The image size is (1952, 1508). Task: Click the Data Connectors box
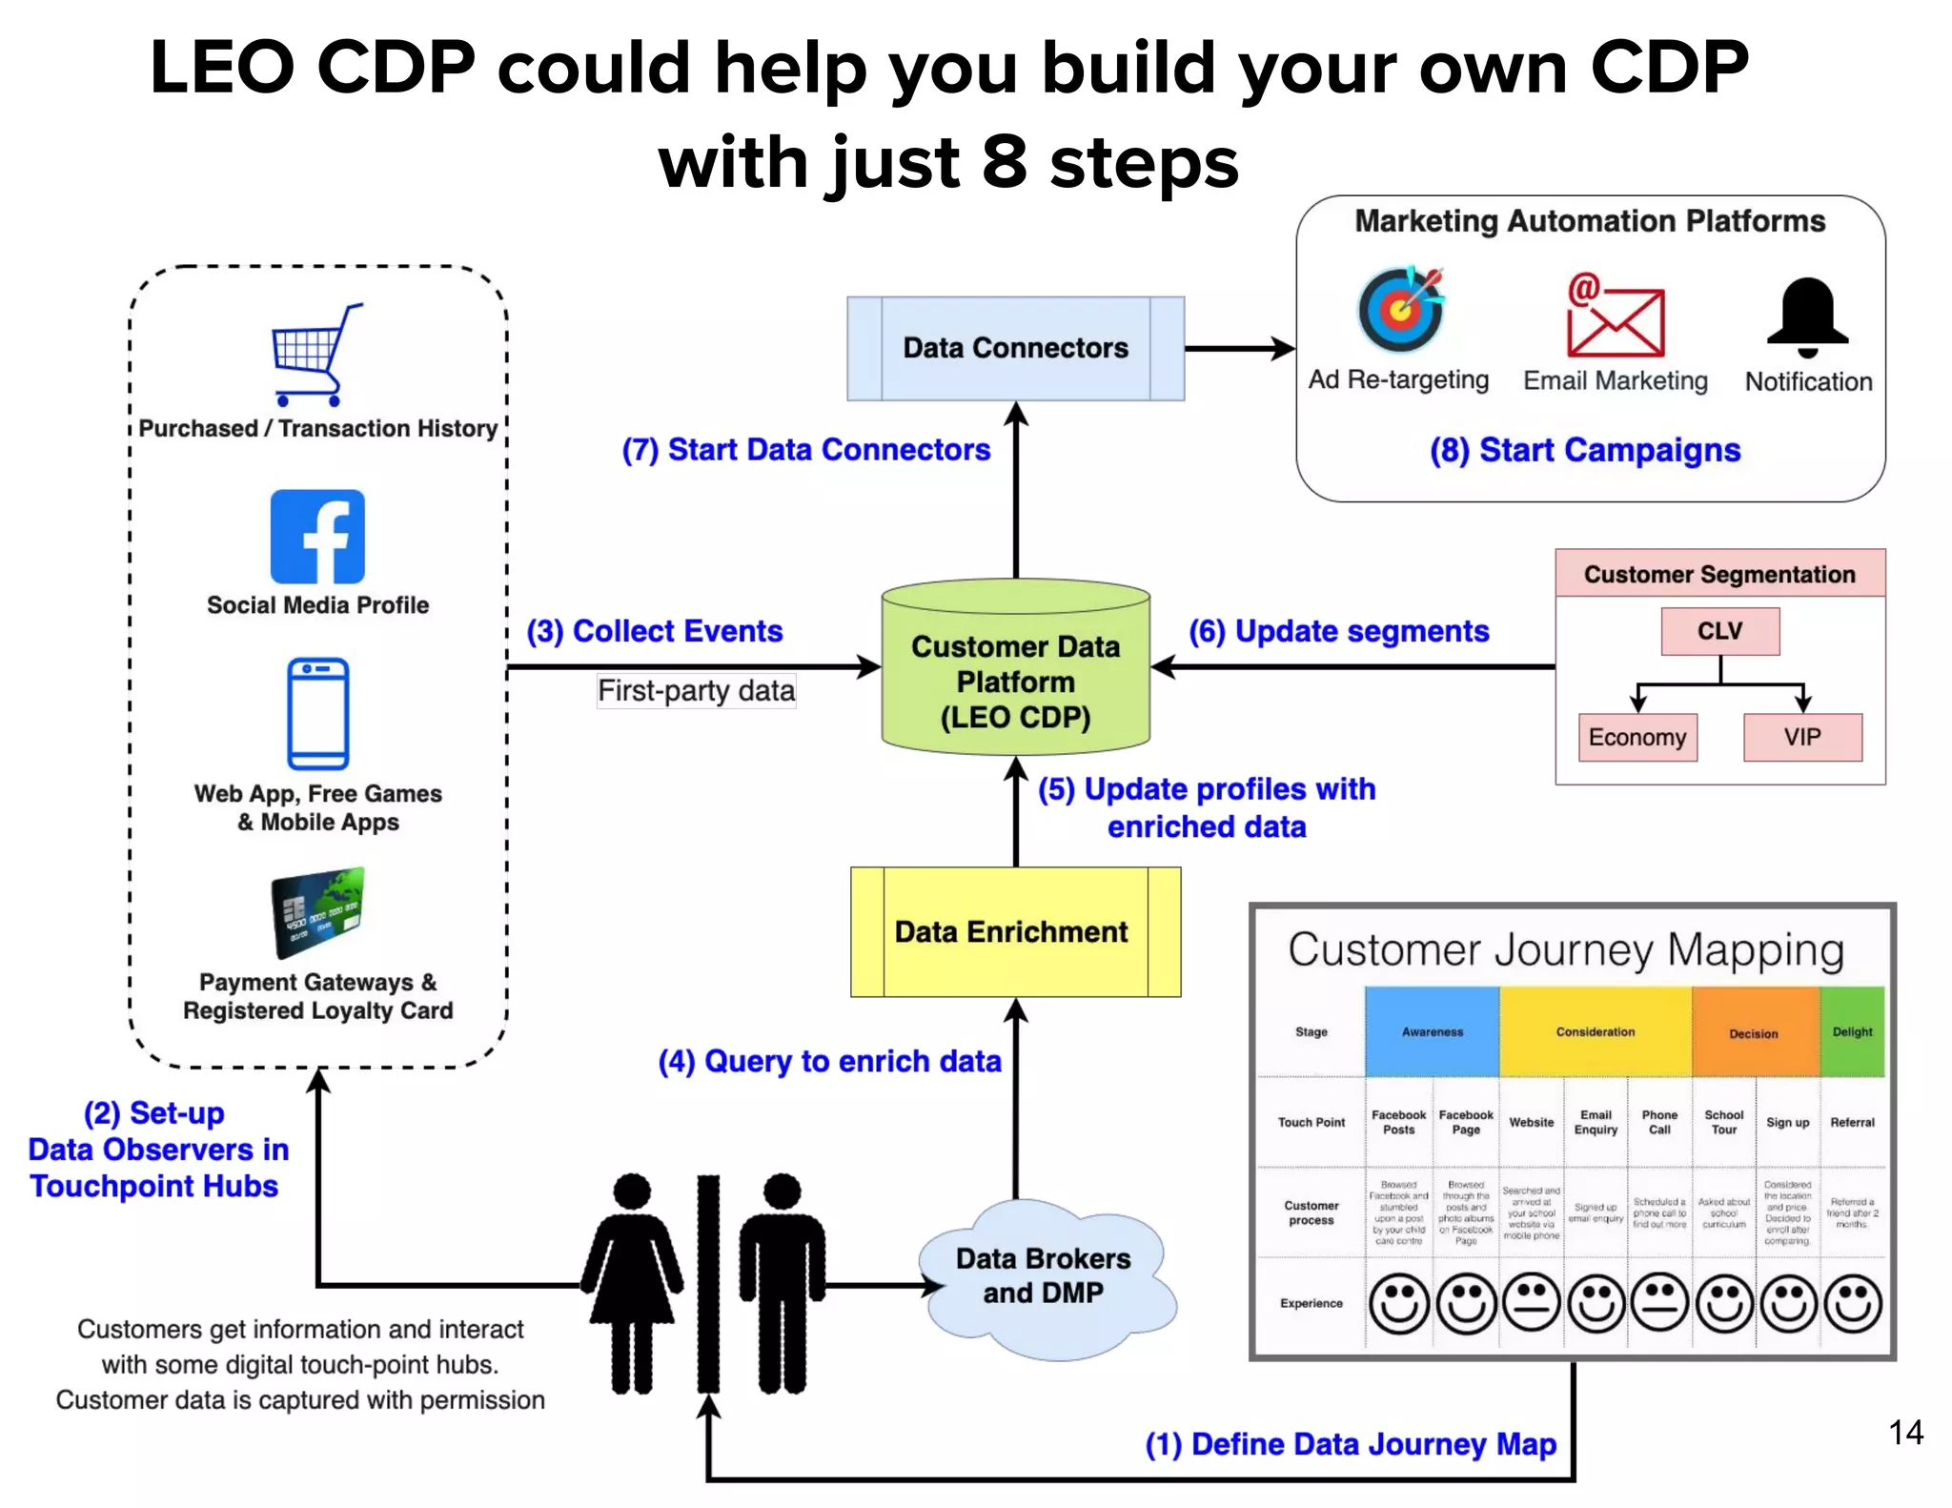pyautogui.click(x=1015, y=348)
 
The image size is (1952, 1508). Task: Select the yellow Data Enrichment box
pyautogui.click(x=1015, y=931)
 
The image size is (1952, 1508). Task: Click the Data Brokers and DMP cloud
pyautogui.click(x=1044, y=1277)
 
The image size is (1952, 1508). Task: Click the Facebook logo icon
pyautogui.click(x=317, y=537)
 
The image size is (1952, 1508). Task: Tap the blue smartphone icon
pyautogui.click(x=317, y=713)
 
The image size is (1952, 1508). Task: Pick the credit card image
pyautogui.click(x=317, y=912)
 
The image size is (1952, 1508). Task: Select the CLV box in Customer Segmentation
pyautogui.click(x=1719, y=631)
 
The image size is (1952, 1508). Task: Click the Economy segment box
pyautogui.click(x=1637, y=737)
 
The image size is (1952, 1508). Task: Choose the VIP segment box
pyautogui.click(x=1802, y=737)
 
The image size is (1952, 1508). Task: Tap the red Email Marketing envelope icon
pyautogui.click(x=1615, y=316)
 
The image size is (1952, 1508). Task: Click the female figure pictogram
pyautogui.click(x=632, y=1282)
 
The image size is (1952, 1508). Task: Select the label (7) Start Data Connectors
pyautogui.click(x=806, y=449)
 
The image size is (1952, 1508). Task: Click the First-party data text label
pyautogui.click(x=696, y=690)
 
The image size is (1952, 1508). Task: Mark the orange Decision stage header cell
pyautogui.click(x=1754, y=1032)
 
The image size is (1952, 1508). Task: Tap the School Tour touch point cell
pyautogui.click(x=1723, y=1122)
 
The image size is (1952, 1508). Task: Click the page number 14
pyautogui.click(x=1905, y=1432)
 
